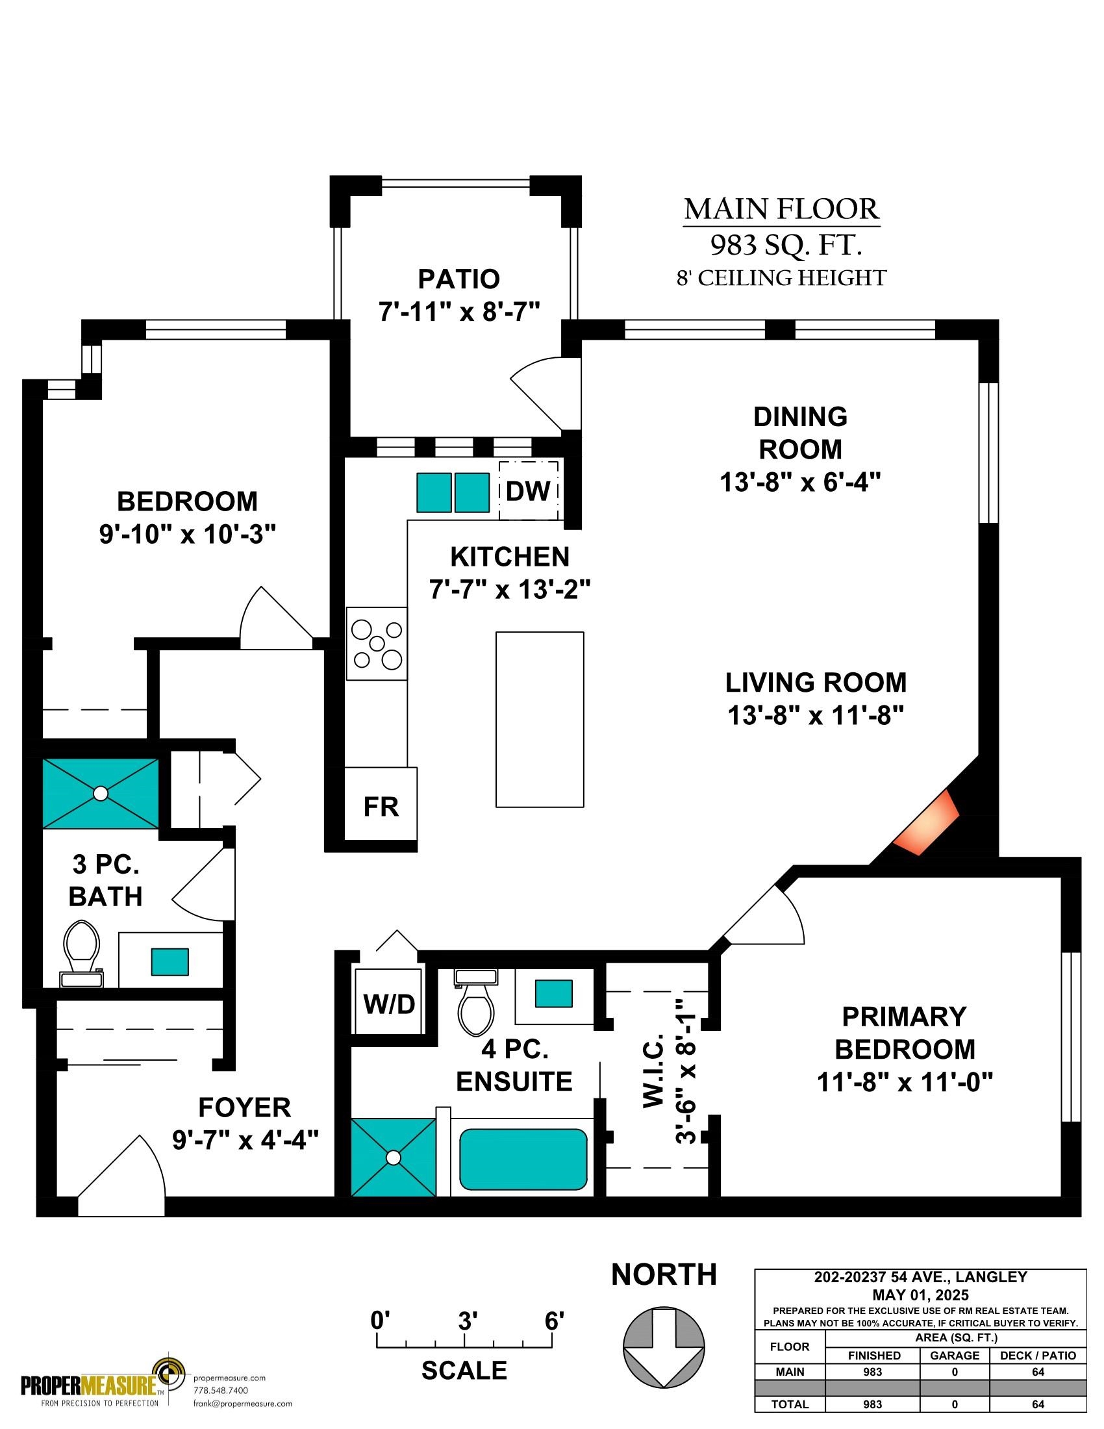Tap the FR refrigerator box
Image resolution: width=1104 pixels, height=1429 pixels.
[x=381, y=803]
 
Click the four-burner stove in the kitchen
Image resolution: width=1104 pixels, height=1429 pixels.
[x=377, y=644]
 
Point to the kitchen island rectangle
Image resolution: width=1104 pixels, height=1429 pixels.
[x=540, y=720]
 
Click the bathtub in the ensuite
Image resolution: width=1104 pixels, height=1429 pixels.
[x=523, y=1159]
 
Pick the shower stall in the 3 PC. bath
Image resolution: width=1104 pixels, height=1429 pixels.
[x=100, y=793]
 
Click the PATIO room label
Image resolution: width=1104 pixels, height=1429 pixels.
[x=459, y=279]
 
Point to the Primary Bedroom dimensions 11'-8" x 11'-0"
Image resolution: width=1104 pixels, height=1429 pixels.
[x=905, y=1082]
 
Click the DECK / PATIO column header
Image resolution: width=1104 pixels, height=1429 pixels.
[x=1038, y=1355]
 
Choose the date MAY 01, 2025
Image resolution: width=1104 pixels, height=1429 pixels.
[x=920, y=1295]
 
